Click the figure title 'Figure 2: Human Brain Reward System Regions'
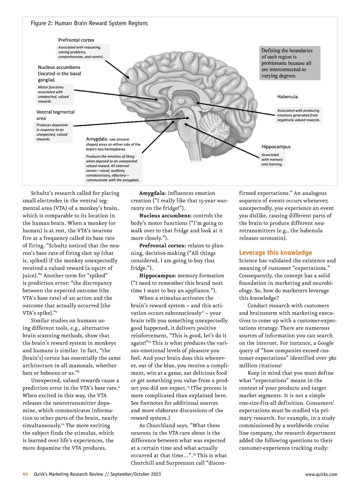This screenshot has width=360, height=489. (x=89, y=23)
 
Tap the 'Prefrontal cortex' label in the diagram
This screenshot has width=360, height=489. (x=76, y=40)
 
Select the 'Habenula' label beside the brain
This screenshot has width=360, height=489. (x=287, y=97)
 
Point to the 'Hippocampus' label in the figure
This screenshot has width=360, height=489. (x=276, y=147)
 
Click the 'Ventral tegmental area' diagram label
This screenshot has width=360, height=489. (x=55, y=115)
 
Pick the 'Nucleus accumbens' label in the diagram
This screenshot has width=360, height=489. (x=59, y=73)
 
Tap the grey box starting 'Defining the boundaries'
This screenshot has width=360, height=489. (x=289, y=63)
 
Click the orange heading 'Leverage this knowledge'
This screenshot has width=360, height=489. (x=275, y=253)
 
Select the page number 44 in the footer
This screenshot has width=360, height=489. (x=25, y=474)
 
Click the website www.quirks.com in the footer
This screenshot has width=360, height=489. (x=321, y=474)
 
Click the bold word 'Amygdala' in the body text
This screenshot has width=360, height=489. (x=152, y=193)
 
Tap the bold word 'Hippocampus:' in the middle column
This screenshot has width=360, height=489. (x=157, y=276)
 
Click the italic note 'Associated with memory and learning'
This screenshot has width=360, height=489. (x=272, y=160)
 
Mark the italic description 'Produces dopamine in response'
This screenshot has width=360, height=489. (x=52, y=132)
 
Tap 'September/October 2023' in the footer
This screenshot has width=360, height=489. (x=136, y=474)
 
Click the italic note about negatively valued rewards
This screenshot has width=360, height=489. (x=298, y=115)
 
